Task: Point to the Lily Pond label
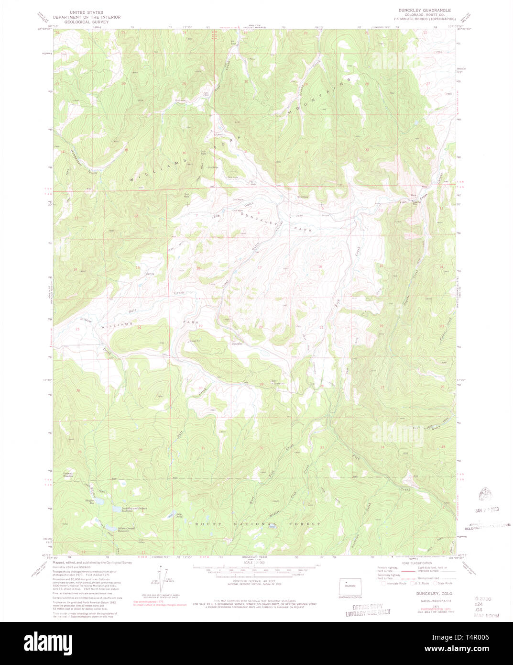[x=180, y=515]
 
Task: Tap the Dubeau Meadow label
[x=68, y=475]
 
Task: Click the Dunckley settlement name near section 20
[x=238, y=344]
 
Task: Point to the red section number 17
[x=260, y=267]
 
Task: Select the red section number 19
[x=200, y=326]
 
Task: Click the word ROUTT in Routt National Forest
[x=207, y=524]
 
